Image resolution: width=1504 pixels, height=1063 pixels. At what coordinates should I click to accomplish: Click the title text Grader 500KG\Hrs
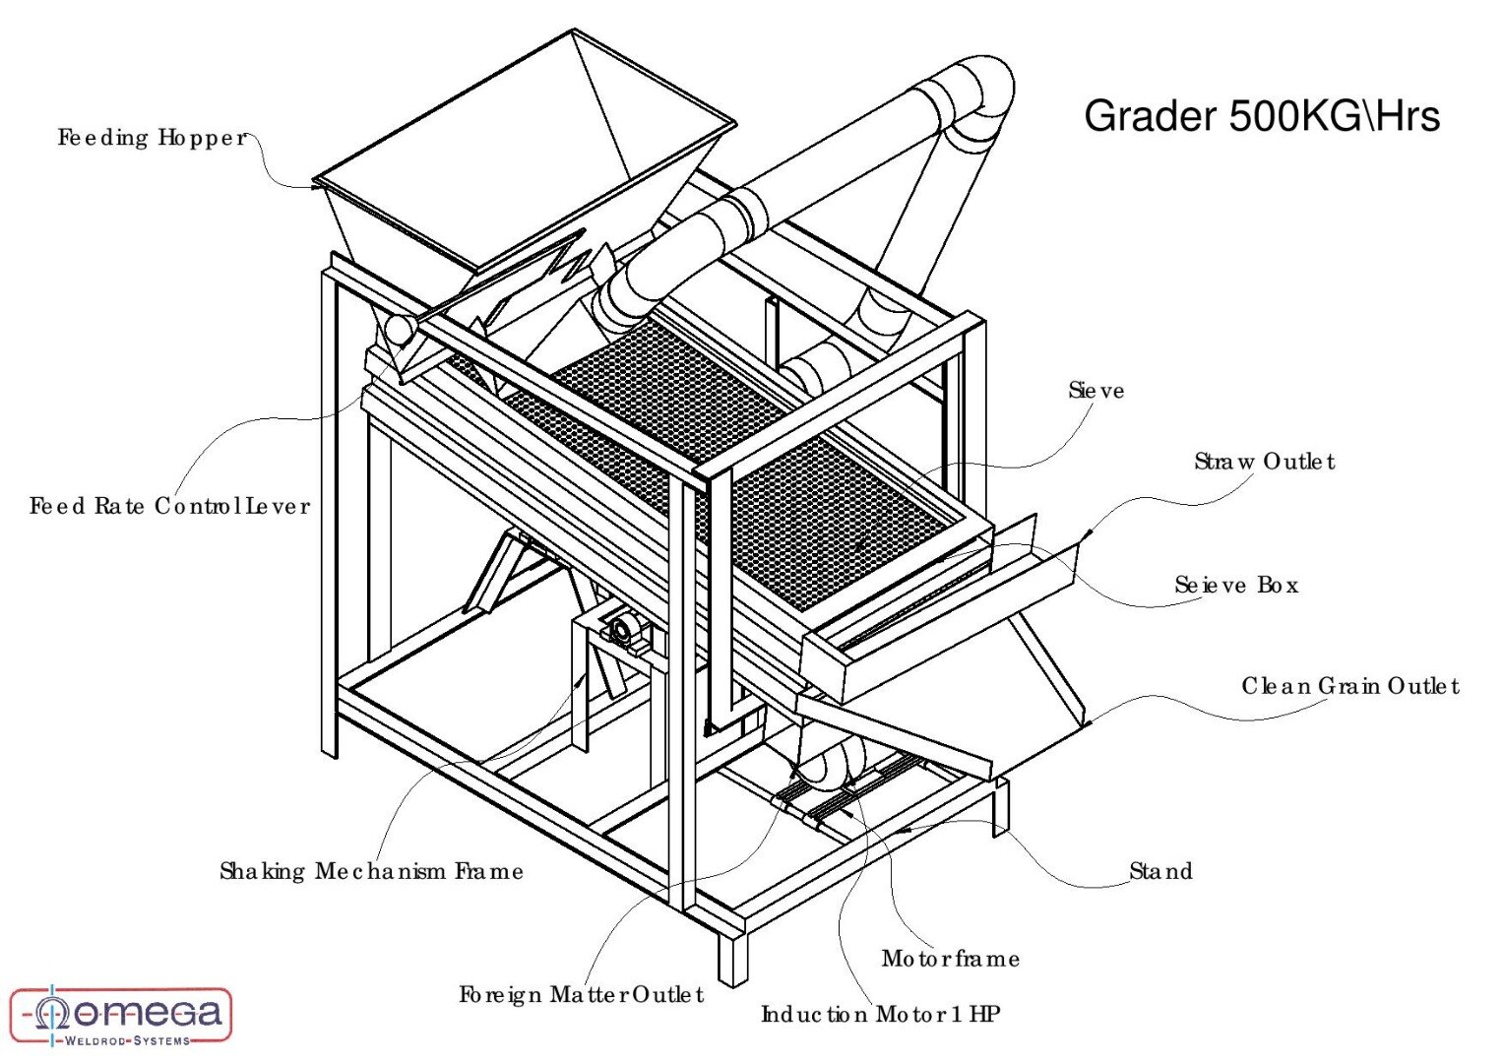[x=1261, y=116]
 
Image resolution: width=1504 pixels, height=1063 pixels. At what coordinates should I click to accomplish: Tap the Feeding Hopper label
[x=153, y=138]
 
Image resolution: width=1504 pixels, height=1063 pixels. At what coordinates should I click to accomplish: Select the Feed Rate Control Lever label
[x=169, y=507]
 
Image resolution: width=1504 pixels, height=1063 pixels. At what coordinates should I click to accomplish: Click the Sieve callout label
[x=1096, y=391]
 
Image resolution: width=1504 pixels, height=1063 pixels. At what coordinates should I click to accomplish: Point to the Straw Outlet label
[x=1264, y=462]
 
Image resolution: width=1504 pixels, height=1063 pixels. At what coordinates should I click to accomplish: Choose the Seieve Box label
[x=1236, y=586]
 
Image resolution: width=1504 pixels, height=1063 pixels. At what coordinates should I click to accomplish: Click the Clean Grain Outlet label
[x=1349, y=686]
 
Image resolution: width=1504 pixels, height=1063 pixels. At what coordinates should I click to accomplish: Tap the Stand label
[x=1160, y=871]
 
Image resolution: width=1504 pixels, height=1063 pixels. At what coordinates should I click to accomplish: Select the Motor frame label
[x=950, y=959]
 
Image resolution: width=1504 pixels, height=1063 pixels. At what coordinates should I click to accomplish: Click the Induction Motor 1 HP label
[x=881, y=1015]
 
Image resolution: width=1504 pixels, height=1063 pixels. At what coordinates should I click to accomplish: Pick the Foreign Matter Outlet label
[x=581, y=995]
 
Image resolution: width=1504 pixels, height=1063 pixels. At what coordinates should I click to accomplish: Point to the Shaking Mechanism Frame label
[x=371, y=871]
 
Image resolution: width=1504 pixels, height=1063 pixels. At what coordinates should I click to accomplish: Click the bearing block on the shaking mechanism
[x=622, y=630]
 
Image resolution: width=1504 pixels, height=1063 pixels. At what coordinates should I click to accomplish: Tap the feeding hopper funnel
[x=522, y=157]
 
